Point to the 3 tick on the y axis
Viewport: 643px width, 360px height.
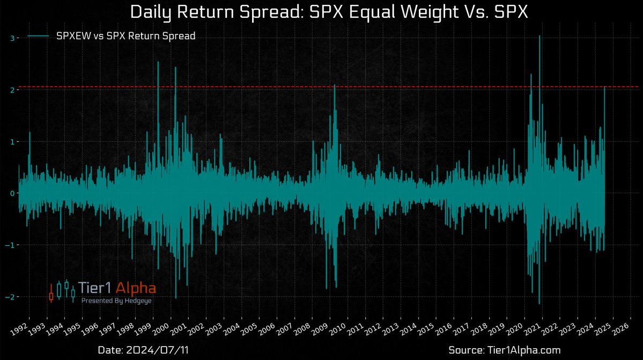(x=11, y=38)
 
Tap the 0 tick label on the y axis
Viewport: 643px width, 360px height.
(x=11, y=193)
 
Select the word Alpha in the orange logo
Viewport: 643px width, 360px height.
(x=135, y=289)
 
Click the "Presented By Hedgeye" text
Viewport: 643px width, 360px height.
(x=116, y=301)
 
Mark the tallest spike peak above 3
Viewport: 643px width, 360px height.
(x=539, y=36)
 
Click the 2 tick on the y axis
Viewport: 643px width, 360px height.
(x=11, y=90)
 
